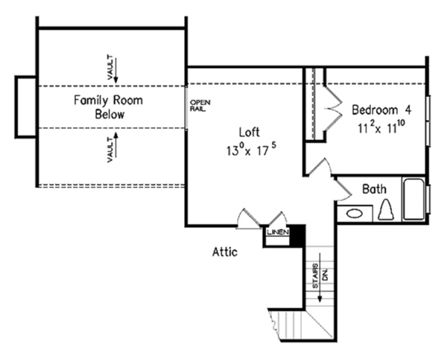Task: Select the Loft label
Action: (249, 133)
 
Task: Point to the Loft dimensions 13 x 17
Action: (249, 148)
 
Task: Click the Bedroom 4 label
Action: (381, 109)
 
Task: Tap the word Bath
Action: (375, 189)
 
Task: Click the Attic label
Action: (225, 252)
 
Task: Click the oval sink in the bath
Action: (355, 214)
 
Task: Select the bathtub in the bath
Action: (413, 199)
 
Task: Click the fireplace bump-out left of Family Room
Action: (25, 107)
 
